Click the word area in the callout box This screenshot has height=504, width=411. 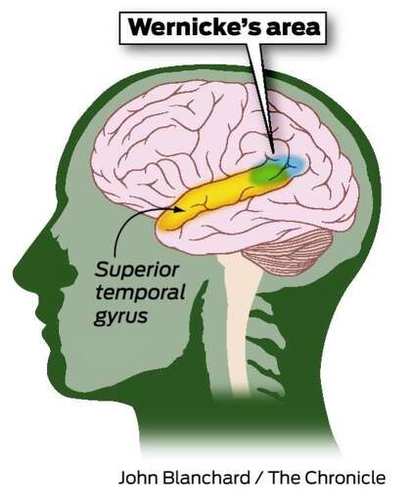(x=293, y=27)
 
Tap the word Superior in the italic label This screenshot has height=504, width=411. (x=137, y=271)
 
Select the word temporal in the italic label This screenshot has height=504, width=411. (x=140, y=292)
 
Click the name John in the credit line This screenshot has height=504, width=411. (x=137, y=478)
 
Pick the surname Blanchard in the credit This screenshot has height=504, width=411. (x=206, y=478)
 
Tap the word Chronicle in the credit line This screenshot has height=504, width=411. (x=345, y=478)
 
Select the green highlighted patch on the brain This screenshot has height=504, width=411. (x=268, y=174)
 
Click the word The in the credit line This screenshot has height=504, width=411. (x=285, y=478)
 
